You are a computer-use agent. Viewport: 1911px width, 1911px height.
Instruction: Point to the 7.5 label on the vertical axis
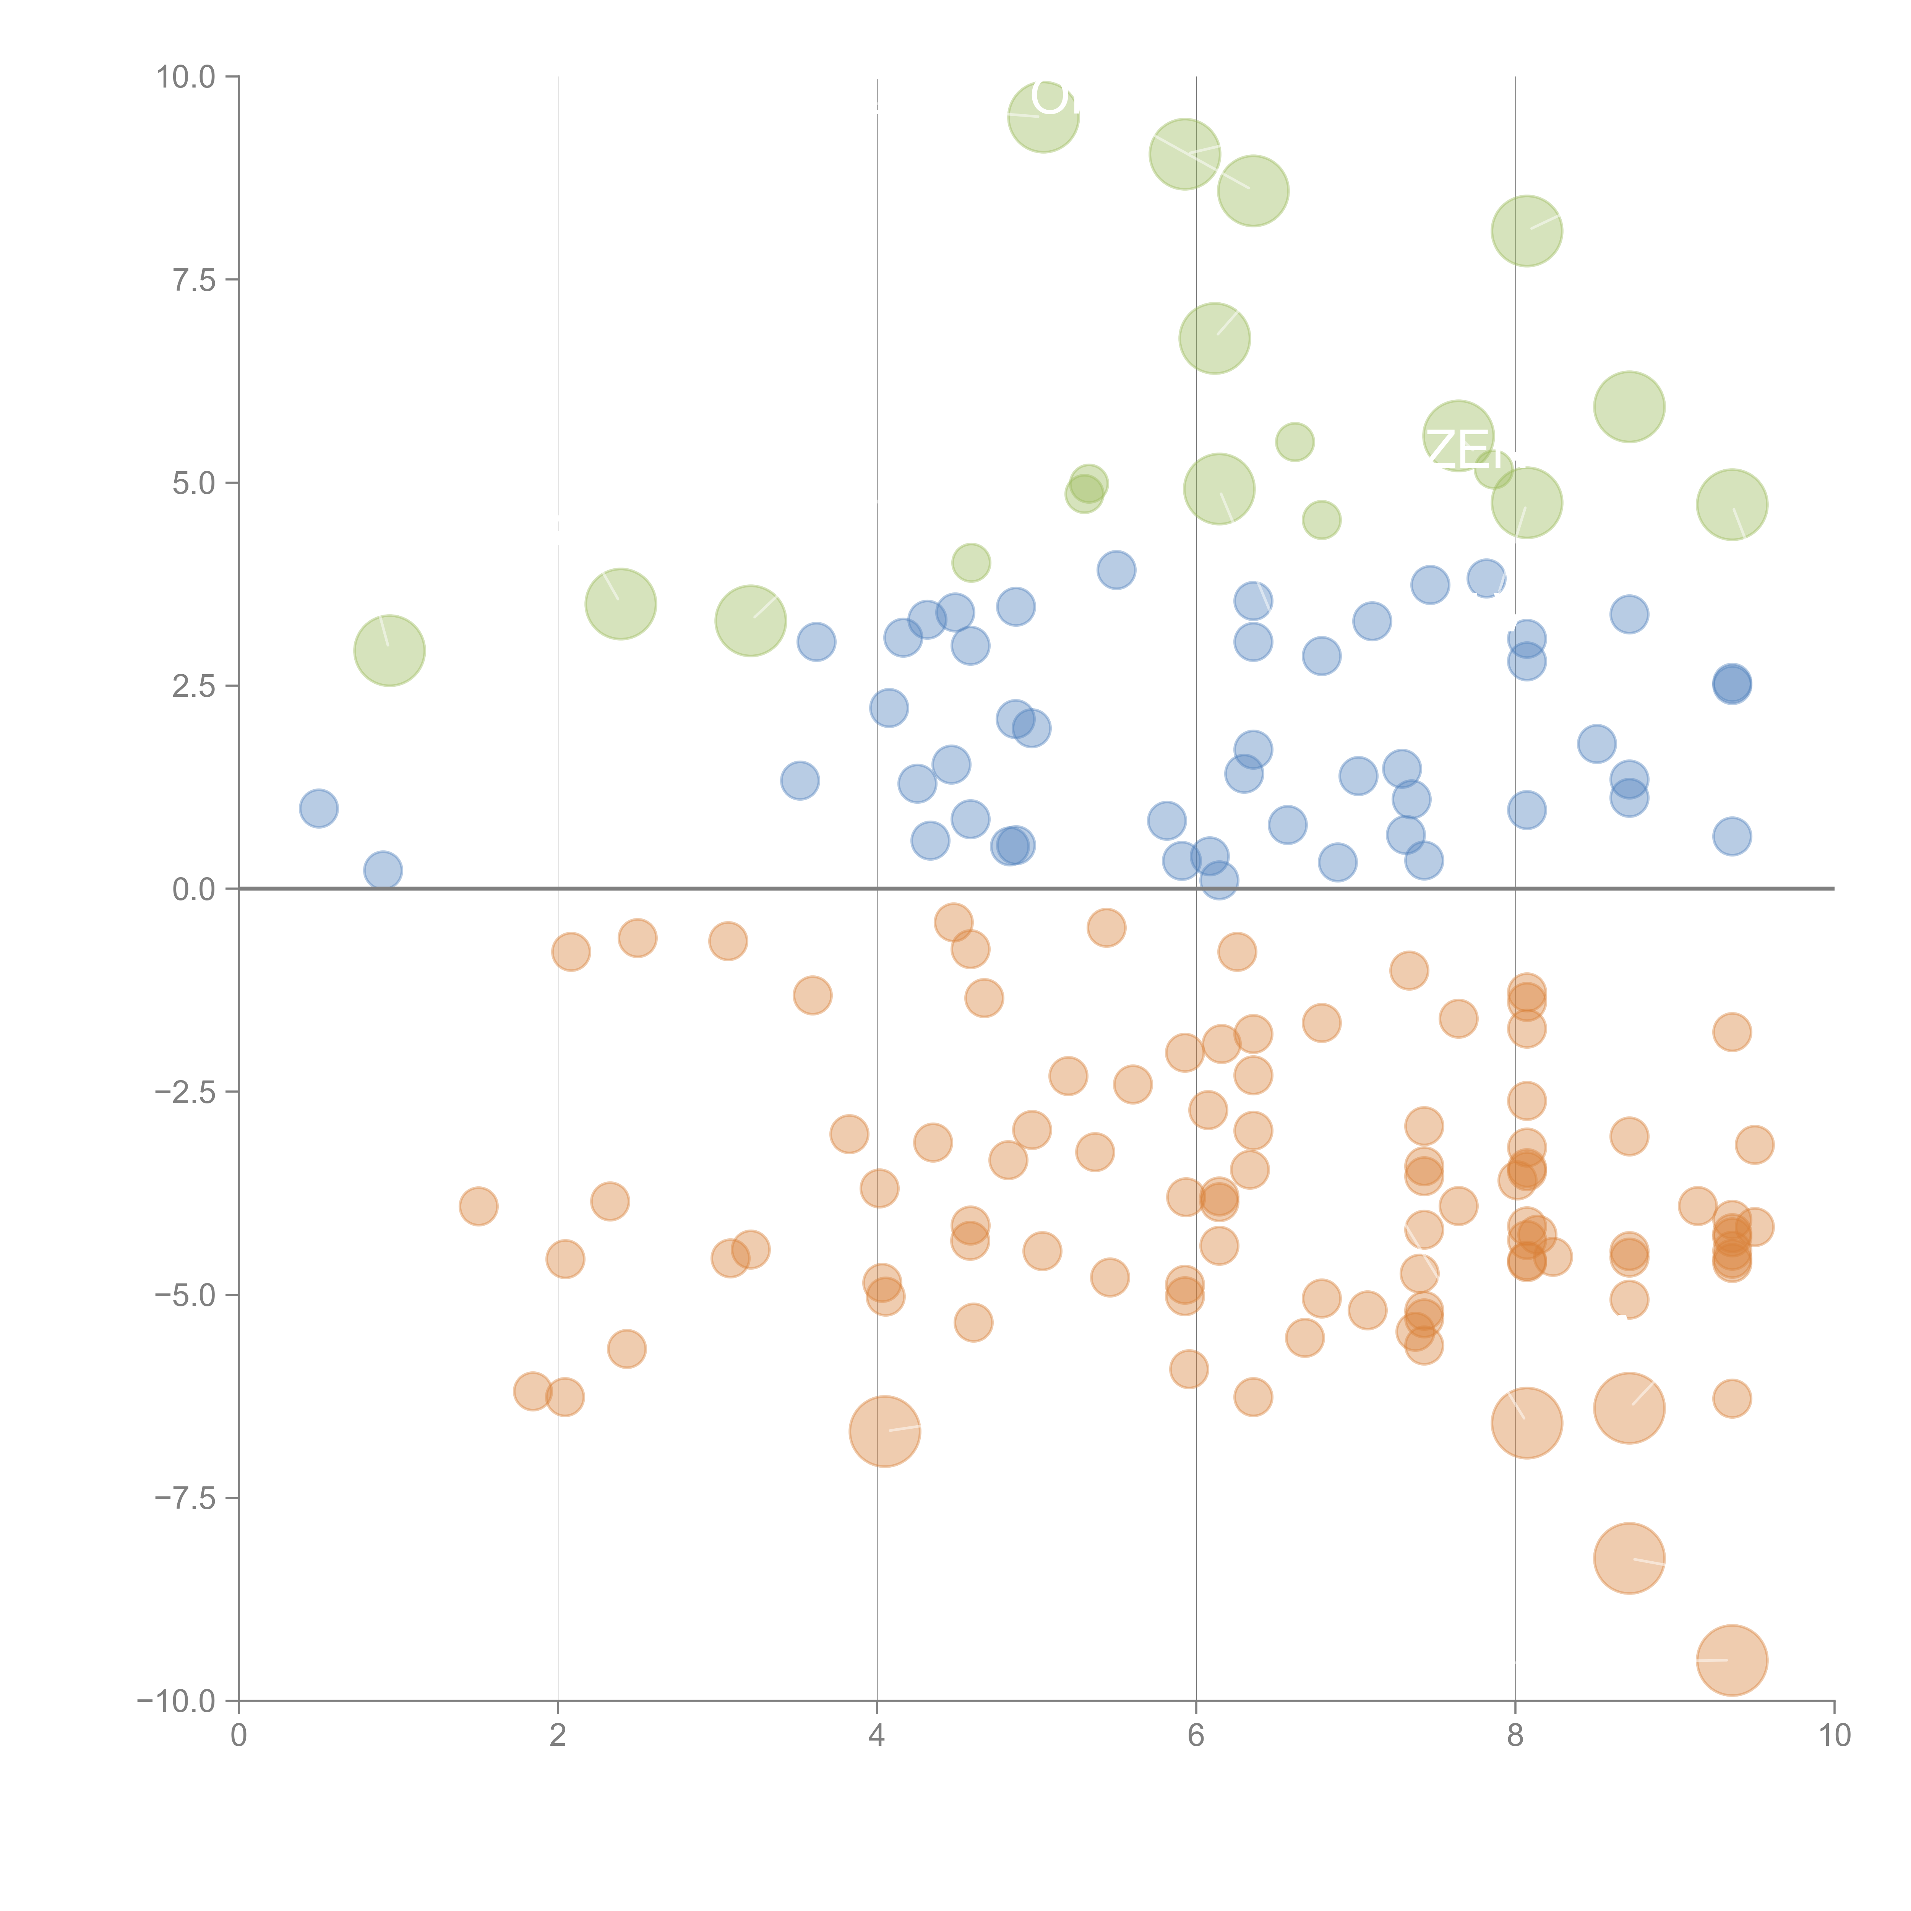[x=194, y=280]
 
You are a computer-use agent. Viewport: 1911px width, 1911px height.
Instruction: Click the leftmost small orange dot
[x=479, y=1206]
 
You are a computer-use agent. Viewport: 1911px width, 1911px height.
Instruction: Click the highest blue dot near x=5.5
[x=1116, y=570]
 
